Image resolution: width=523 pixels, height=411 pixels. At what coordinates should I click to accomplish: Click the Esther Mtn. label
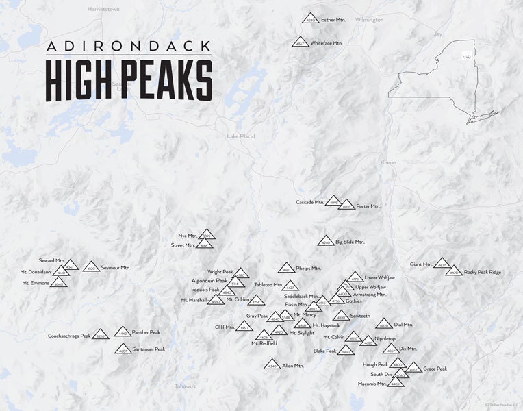[x=333, y=20]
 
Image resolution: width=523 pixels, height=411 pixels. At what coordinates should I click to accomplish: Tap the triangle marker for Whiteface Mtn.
[x=300, y=42]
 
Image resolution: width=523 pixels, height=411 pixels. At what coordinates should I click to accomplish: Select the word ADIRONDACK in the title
[x=128, y=47]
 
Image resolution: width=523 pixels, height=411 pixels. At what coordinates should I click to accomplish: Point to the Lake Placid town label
[x=241, y=136]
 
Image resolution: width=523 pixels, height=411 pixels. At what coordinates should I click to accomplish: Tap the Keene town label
[x=388, y=162]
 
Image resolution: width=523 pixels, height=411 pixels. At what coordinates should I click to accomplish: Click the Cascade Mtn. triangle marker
[x=333, y=201]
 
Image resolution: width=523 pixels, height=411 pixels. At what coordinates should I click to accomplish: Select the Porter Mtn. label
[x=368, y=206]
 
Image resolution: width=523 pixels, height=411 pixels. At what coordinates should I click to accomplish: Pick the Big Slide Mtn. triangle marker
[x=326, y=241]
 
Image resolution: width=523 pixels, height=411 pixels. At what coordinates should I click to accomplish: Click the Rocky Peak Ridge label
[x=483, y=272]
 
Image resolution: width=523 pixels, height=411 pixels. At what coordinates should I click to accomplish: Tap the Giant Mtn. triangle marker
[x=442, y=264]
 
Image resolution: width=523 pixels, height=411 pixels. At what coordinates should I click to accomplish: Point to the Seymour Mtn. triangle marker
[x=91, y=267]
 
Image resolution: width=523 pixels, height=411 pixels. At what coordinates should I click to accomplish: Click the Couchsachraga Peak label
[x=69, y=336]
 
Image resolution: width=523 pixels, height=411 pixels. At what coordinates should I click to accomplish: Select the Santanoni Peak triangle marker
[x=123, y=349]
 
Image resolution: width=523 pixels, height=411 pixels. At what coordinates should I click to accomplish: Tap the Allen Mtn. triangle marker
[x=272, y=366]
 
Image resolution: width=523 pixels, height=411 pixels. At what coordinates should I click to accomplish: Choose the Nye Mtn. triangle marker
[x=207, y=235]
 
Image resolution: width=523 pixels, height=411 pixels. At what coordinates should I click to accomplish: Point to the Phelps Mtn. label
[x=308, y=268]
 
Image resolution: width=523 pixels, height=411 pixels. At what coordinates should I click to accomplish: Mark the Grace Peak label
[x=435, y=369]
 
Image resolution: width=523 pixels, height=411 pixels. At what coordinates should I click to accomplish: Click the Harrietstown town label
[x=104, y=10]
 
